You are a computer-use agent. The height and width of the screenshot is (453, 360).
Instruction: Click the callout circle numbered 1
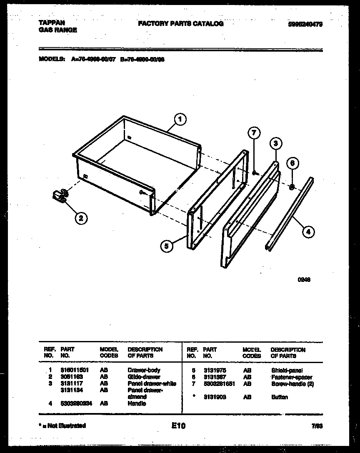(x=180, y=120)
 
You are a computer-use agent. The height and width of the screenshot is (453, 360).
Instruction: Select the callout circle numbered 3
(x=275, y=144)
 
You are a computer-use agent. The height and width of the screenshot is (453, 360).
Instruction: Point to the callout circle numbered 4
(x=308, y=232)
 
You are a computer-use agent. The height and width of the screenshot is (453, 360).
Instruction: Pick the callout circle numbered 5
(x=166, y=246)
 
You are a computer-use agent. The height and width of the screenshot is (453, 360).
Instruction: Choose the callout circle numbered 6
(x=292, y=163)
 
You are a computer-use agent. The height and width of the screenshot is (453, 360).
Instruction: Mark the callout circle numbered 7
(x=254, y=133)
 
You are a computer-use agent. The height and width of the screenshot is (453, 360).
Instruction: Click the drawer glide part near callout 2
(x=61, y=195)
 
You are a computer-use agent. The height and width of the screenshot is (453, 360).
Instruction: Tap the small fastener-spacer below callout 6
(x=292, y=187)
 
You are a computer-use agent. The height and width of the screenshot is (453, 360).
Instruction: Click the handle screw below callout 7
(x=254, y=172)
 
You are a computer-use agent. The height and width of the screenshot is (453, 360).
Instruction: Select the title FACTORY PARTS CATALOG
(x=180, y=24)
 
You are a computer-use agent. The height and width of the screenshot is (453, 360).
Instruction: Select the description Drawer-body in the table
(x=144, y=370)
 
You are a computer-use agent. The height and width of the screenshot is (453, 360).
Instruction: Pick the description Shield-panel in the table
(x=287, y=370)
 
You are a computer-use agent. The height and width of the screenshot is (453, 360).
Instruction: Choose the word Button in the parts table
(x=279, y=397)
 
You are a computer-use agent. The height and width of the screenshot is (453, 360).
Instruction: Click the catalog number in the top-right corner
(x=305, y=25)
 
